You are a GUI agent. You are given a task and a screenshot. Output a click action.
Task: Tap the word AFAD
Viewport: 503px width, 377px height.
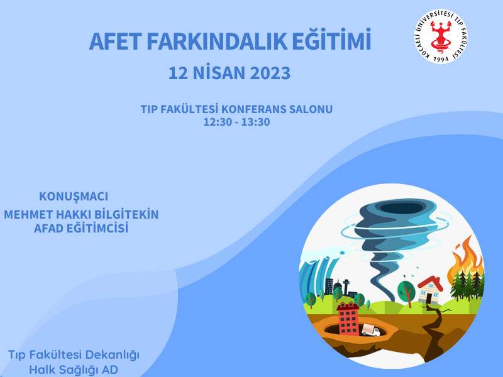[x=48, y=229]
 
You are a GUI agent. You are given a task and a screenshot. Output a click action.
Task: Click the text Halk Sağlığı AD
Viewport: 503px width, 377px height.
[x=74, y=370]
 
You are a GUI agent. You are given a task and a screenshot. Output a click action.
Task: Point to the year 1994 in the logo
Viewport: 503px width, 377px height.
[x=441, y=59]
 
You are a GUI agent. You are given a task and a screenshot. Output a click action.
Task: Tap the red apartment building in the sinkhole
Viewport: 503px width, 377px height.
[x=348, y=319]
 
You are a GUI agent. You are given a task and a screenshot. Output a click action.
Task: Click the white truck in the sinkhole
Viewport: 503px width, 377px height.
[x=370, y=331]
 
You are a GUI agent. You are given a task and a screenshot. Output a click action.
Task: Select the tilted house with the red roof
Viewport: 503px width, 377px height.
[x=430, y=290]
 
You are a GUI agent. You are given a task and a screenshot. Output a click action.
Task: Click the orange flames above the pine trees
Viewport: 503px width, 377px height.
[x=467, y=258]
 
